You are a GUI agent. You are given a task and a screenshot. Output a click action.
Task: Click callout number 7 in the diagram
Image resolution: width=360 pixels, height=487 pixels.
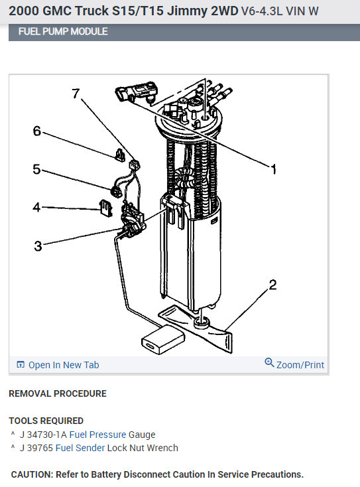coord(76,93)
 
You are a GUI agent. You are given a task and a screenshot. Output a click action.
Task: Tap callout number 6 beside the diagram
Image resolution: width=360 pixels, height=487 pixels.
coord(37,131)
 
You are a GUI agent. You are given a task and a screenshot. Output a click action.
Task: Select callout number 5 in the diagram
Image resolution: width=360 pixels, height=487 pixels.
coord(36,169)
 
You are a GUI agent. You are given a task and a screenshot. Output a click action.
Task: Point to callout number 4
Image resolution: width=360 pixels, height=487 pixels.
coord(36,207)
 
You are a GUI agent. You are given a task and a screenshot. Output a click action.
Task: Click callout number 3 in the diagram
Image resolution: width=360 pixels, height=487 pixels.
coord(38,246)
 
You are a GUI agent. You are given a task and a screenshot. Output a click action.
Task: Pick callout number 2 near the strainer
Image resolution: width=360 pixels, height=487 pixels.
coord(272,285)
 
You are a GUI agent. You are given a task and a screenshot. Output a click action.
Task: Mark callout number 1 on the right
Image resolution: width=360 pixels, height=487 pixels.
coord(273,169)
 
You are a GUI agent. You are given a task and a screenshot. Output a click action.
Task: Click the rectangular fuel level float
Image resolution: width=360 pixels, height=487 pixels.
coord(162,340)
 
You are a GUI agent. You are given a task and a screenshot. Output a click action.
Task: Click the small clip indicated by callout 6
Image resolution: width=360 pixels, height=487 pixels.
coord(120,155)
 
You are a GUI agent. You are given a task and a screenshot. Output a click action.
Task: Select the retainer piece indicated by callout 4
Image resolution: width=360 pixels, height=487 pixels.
coord(105,208)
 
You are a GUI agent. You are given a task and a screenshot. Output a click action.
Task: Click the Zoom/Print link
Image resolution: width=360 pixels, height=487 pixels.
coord(300,365)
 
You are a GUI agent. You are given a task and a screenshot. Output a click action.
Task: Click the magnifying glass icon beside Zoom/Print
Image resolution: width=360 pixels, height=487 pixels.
coord(269,362)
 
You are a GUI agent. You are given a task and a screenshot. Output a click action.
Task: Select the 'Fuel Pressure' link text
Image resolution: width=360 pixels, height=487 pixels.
coord(97,435)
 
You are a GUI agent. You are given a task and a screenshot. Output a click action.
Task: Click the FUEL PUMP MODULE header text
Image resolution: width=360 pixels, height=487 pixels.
coord(63,32)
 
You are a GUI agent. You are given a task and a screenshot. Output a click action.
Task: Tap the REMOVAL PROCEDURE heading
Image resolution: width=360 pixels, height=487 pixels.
coord(58,393)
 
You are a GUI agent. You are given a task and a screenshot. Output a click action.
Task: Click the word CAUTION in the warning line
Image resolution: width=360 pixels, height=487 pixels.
coord(32,474)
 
